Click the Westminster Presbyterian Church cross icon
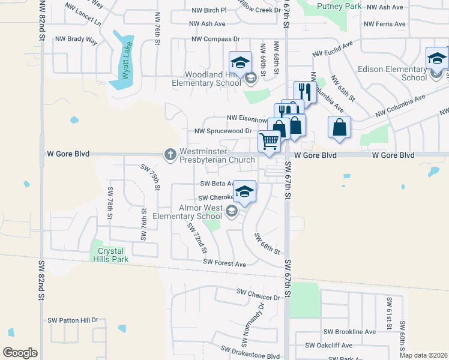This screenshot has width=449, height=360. tap(170, 154)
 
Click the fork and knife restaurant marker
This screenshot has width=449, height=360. tap(306, 91)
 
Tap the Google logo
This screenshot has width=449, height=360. tap(20, 353)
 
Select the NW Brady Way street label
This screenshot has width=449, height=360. tap(76, 39)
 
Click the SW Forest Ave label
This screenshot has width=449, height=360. tap(224, 263)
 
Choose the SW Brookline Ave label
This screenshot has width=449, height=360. tap(349, 331)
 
